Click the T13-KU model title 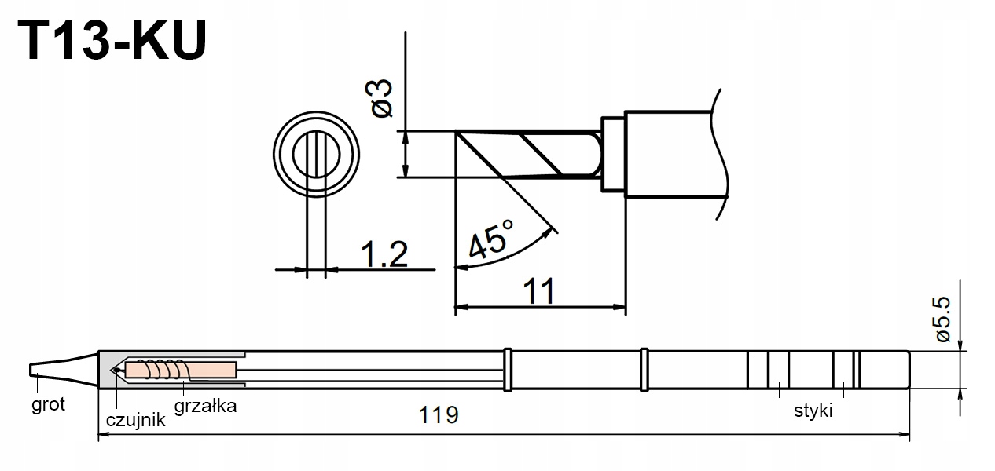[112, 41]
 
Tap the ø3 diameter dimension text [379, 98]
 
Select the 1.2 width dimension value [384, 254]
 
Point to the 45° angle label [490, 239]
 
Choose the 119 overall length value [439, 415]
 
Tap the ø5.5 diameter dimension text [942, 319]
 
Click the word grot [48, 404]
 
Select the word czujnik [135, 419]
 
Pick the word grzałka [205, 406]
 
